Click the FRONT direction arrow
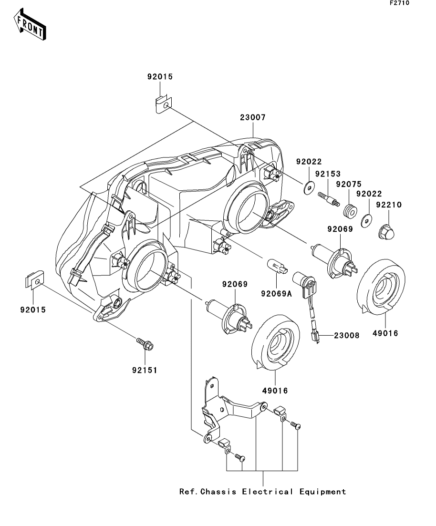30,25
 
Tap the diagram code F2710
399,3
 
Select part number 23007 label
253,117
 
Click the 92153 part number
328,174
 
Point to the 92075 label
349,184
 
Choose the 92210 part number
389,205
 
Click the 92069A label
277,294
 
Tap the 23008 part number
347,335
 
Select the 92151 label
145,371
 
